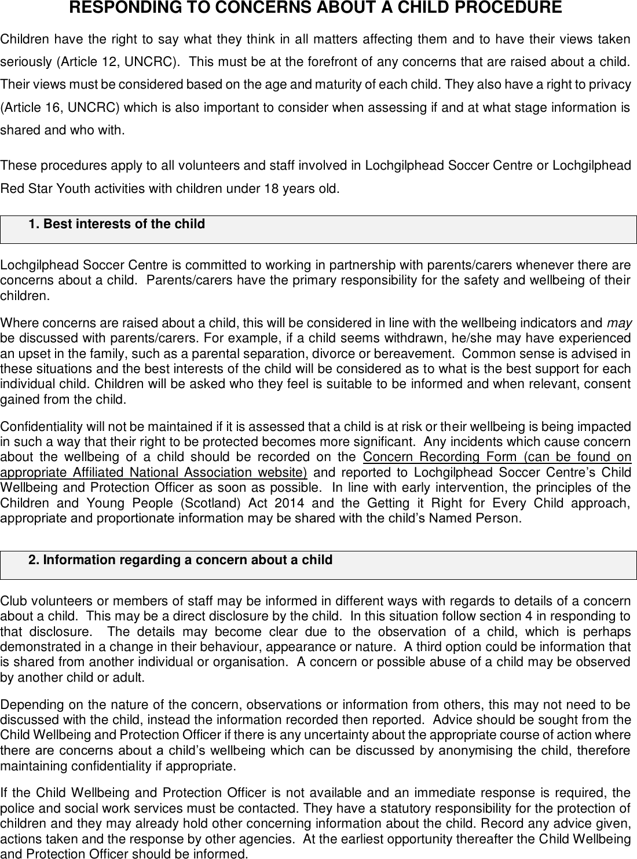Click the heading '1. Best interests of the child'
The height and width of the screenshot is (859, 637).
coord(116,224)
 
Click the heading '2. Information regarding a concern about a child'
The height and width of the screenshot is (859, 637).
coord(180,560)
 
